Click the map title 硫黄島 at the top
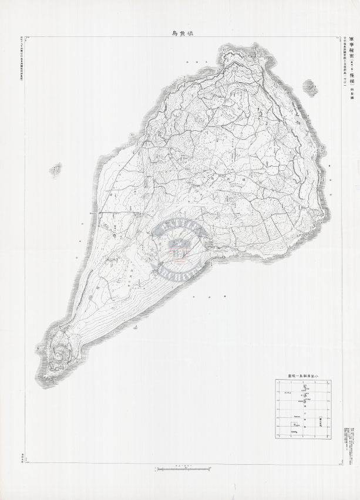180,33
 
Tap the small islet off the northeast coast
310,87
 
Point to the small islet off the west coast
56,170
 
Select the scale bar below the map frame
183,468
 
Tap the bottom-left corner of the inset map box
275,437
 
